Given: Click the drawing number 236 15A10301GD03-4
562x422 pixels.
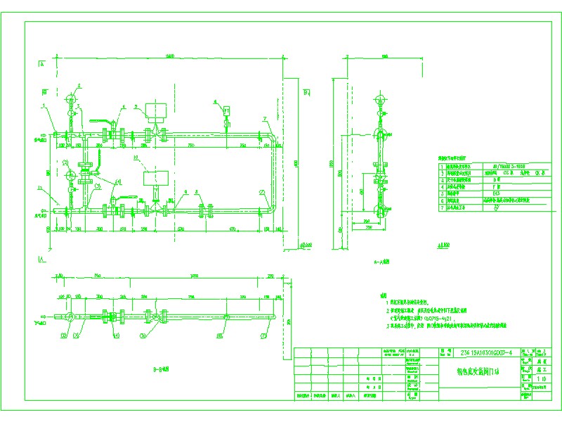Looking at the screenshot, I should tap(488, 352).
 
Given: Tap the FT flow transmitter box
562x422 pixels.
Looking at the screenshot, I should tap(226, 110).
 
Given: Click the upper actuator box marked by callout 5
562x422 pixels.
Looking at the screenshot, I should tap(155, 110).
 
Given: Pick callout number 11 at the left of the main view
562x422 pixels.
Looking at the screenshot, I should tap(41, 188).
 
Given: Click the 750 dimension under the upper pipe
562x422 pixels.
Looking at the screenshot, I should tap(191, 145).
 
